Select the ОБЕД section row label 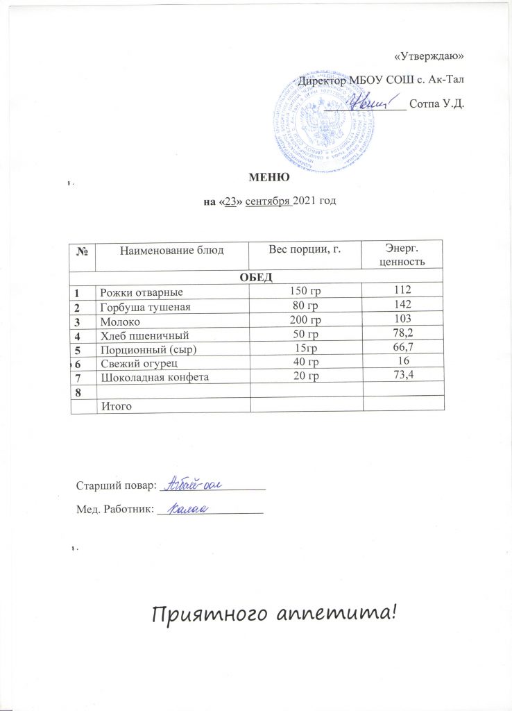click(257, 278)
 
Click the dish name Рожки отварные click(142, 292)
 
